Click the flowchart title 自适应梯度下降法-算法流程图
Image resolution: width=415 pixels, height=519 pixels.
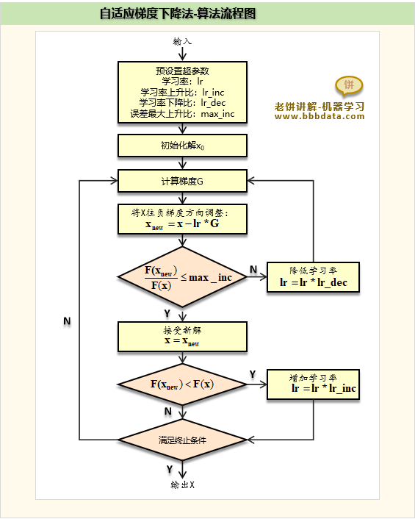[x=178, y=13]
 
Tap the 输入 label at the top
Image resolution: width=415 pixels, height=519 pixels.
[x=182, y=41]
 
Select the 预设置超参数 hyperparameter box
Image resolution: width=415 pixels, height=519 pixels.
[x=183, y=93]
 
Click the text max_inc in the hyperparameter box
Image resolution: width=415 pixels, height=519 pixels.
[x=217, y=114]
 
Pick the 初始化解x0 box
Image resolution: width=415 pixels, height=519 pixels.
[x=183, y=146]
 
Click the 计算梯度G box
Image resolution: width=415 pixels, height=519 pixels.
[x=183, y=181]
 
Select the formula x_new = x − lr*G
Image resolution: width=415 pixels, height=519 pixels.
[x=183, y=224]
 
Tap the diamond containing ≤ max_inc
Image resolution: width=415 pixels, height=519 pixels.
[x=182, y=277]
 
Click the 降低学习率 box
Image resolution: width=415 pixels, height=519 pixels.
[x=313, y=277]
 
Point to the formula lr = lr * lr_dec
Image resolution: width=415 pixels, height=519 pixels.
[x=314, y=282]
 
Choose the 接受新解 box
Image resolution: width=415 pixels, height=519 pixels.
[x=183, y=337]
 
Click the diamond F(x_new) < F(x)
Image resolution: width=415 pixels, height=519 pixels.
[x=182, y=384]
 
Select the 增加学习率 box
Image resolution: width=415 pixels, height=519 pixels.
[x=313, y=384]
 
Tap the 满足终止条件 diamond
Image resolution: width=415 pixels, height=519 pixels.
[x=182, y=440]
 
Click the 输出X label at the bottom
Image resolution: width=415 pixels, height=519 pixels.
[x=183, y=485]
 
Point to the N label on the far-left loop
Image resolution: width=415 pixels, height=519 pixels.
[x=67, y=321]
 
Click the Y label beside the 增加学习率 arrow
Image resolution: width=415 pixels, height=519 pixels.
[x=253, y=374]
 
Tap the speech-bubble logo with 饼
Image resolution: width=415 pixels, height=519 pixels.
[x=349, y=86]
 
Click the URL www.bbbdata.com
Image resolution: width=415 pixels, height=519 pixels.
[x=320, y=116]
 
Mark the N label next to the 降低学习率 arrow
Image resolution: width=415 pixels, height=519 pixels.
[x=253, y=270]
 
